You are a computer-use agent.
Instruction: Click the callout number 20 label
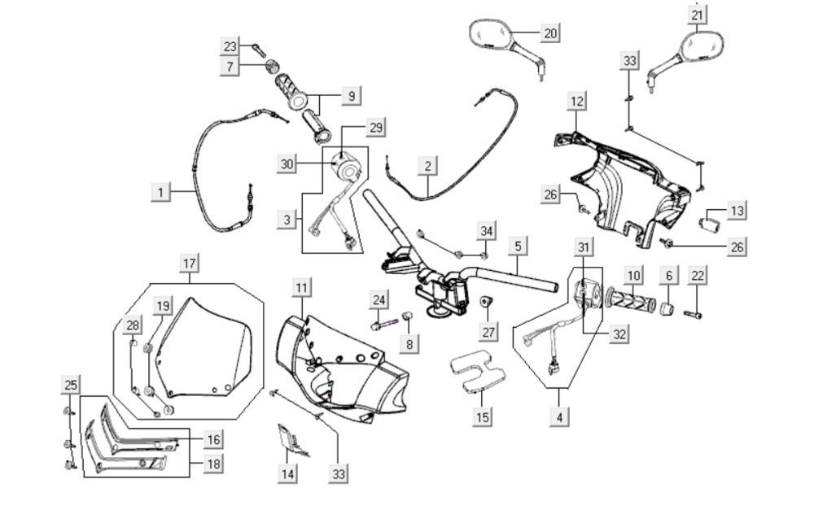point(551,33)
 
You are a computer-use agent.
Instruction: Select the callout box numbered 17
point(189,264)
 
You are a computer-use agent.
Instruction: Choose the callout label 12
point(576,102)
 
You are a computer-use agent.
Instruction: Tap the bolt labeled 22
point(694,313)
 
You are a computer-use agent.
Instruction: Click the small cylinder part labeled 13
point(712,219)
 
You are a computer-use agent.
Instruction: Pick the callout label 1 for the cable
point(161,192)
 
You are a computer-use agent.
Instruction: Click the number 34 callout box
point(486,232)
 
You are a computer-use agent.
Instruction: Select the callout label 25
point(71,384)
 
